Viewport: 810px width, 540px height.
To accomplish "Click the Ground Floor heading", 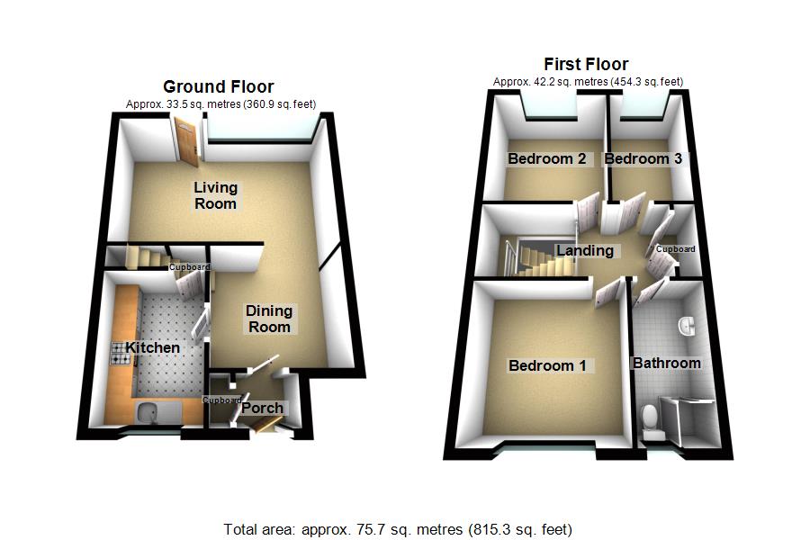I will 218,86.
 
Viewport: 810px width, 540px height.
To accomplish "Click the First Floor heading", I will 586,64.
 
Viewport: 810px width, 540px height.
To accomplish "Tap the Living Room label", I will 216,195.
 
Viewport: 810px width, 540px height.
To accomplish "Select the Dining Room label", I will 269,319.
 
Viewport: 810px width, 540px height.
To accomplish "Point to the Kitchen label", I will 152,347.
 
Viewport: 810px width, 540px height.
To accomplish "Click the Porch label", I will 261,408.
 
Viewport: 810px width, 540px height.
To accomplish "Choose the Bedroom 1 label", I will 547,365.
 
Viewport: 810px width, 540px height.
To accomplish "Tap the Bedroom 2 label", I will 547,159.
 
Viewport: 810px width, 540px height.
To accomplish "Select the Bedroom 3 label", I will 643,159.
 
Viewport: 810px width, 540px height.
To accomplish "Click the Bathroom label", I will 666,364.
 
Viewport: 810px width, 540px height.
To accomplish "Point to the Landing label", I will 585,251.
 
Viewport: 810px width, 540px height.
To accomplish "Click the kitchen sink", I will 146,413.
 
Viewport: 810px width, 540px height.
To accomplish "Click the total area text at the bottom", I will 398,529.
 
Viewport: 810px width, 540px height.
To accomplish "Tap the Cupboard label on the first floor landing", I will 675,249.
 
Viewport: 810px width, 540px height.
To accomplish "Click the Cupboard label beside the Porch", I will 221,400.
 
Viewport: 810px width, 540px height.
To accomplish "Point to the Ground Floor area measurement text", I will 220,104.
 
